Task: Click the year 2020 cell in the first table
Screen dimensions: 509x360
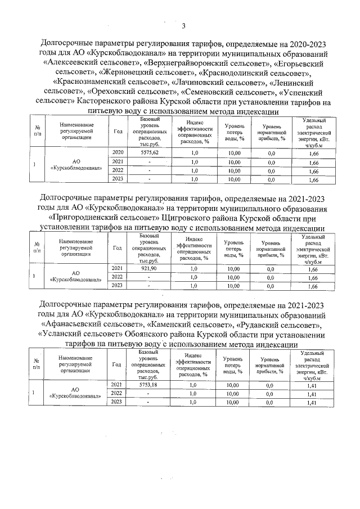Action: (118, 152)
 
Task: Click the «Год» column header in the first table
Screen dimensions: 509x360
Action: (118, 131)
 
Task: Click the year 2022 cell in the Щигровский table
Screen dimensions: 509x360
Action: (118, 277)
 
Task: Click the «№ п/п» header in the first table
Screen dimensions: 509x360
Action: (37, 131)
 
